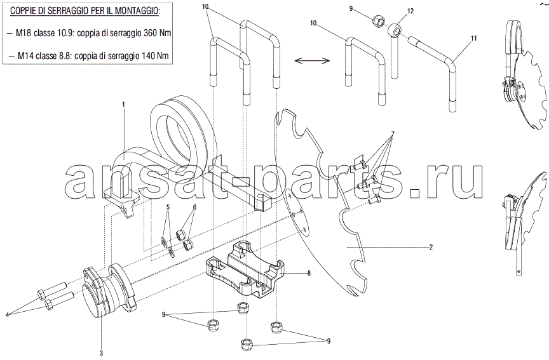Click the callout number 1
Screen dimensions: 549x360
click(123, 104)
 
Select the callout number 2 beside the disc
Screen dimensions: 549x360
click(431, 247)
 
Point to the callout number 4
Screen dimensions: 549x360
click(7, 315)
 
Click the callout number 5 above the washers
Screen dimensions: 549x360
click(168, 207)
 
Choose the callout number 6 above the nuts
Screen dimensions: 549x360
click(194, 207)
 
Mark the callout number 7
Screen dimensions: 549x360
click(393, 133)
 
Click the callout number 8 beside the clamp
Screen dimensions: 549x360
click(309, 274)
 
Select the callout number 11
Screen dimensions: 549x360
click(474, 39)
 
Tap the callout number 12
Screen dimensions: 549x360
click(410, 11)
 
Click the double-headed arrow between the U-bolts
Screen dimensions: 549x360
click(312, 61)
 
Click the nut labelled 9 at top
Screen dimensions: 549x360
click(378, 22)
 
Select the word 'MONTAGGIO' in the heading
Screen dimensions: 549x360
click(139, 11)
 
